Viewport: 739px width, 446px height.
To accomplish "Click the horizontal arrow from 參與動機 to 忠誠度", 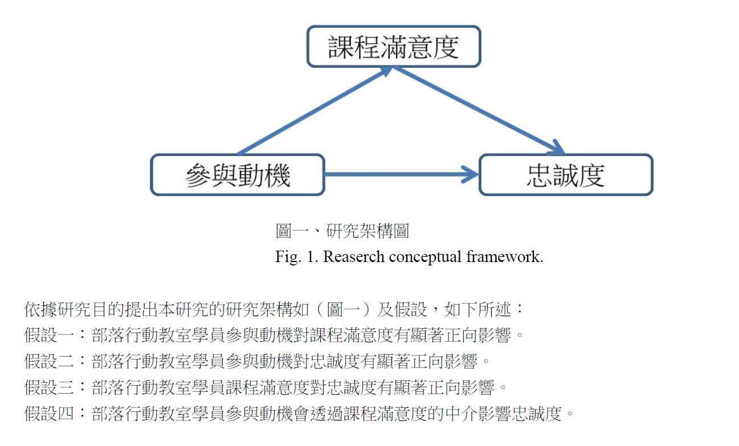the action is [x=402, y=174].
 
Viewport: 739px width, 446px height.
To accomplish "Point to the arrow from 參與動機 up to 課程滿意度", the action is [x=315, y=111].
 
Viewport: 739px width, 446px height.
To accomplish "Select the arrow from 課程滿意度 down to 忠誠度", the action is [x=479, y=111].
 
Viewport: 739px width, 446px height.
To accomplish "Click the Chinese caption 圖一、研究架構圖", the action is [x=342, y=231].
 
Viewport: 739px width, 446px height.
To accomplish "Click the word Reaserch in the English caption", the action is [x=353, y=257].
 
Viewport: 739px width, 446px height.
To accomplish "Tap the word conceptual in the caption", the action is [x=425, y=257].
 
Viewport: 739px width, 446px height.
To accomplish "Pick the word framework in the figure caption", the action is [x=504, y=257].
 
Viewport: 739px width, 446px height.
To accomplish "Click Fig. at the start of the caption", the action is [x=288, y=257].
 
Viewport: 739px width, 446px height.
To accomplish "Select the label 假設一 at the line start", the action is [x=49, y=335].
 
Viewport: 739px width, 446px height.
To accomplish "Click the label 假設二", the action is [x=49, y=361].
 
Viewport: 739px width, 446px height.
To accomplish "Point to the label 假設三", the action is [x=49, y=387].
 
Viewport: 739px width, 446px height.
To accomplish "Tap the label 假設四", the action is [x=49, y=414].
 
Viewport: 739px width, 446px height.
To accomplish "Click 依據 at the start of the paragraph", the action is [x=41, y=309].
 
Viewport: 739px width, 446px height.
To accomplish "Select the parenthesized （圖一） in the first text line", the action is [x=342, y=309].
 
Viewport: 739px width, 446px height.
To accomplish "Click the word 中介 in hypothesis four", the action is [x=461, y=414].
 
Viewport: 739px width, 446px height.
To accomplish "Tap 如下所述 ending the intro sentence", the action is [x=477, y=309].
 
